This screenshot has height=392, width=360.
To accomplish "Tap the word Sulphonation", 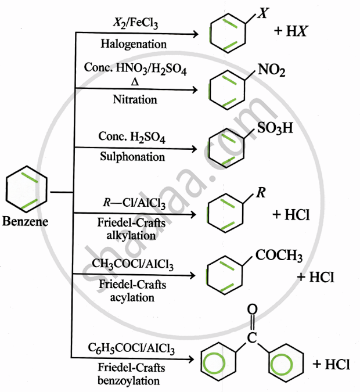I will [x=133, y=156].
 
